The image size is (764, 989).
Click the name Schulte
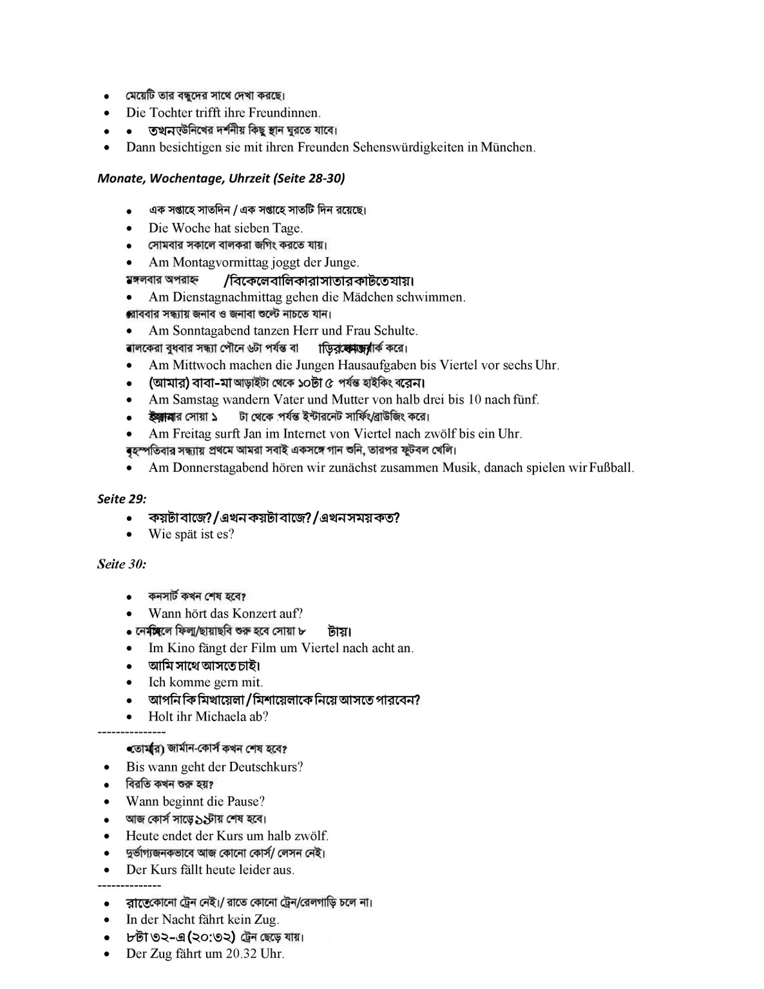(x=394, y=331)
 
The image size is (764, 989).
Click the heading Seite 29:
(x=122, y=499)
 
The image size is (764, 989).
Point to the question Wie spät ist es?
(x=191, y=534)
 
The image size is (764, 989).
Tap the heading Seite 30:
(x=122, y=565)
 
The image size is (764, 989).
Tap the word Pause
(x=245, y=802)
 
